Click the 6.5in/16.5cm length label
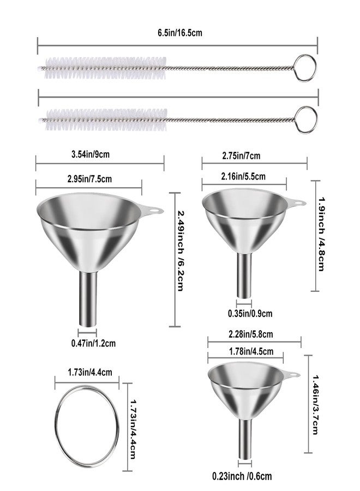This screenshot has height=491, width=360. (179, 33)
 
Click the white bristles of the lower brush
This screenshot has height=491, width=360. (106, 119)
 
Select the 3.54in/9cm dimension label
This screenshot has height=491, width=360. (91, 154)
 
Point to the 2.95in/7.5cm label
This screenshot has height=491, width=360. (89, 179)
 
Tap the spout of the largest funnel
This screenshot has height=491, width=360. (88, 299)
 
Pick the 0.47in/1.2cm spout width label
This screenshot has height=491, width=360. (93, 343)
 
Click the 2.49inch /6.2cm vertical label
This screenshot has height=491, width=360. (181, 251)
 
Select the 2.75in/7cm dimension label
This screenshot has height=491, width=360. (241, 155)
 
